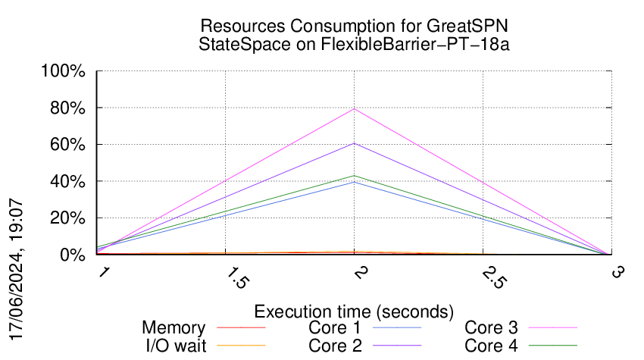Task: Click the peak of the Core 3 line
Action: (x=354, y=109)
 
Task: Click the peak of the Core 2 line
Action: (x=354, y=143)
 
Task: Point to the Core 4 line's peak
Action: (x=354, y=176)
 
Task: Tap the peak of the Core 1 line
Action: (x=354, y=182)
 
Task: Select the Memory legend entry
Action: (x=174, y=328)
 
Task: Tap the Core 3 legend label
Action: (x=491, y=328)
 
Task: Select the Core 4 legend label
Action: (x=491, y=346)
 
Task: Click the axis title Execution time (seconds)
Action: (x=354, y=311)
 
